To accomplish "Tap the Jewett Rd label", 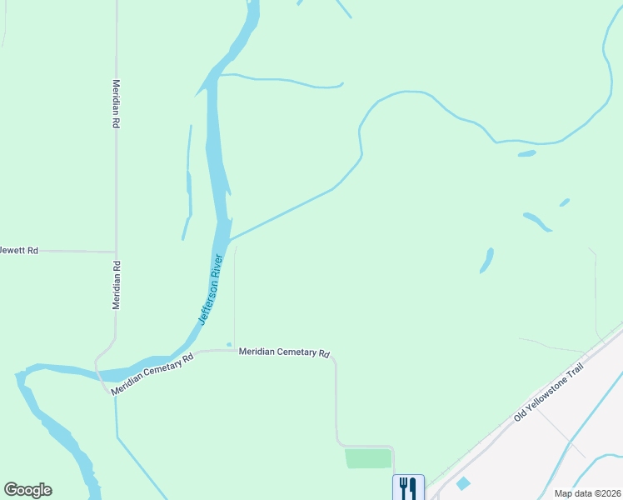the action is pyautogui.click(x=18, y=250).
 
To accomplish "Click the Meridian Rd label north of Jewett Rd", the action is pyautogui.click(x=116, y=103).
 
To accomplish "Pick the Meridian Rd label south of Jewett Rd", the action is pyautogui.click(x=117, y=285).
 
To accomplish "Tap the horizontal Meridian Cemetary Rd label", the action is pyautogui.click(x=284, y=352).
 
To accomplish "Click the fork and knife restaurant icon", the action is pyautogui.click(x=408, y=487).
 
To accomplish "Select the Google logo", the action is pyautogui.click(x=27, y=490).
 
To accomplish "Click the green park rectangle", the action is pyautogui.click(x=368, y=458).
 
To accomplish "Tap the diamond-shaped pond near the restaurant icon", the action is pyautogui.click(x=463, y=483).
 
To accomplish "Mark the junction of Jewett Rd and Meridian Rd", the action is pyautogui.click(x=116, y=251).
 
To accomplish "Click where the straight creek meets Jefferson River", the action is pyautogui.click(x=229, y=241).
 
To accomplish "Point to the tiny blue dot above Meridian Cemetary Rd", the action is pyautogui.click(x=229, y=344).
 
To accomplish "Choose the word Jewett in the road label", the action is pyautogui.click(x=10, y=250).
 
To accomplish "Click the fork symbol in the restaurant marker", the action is pyautogui.click(x=403, y=487).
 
